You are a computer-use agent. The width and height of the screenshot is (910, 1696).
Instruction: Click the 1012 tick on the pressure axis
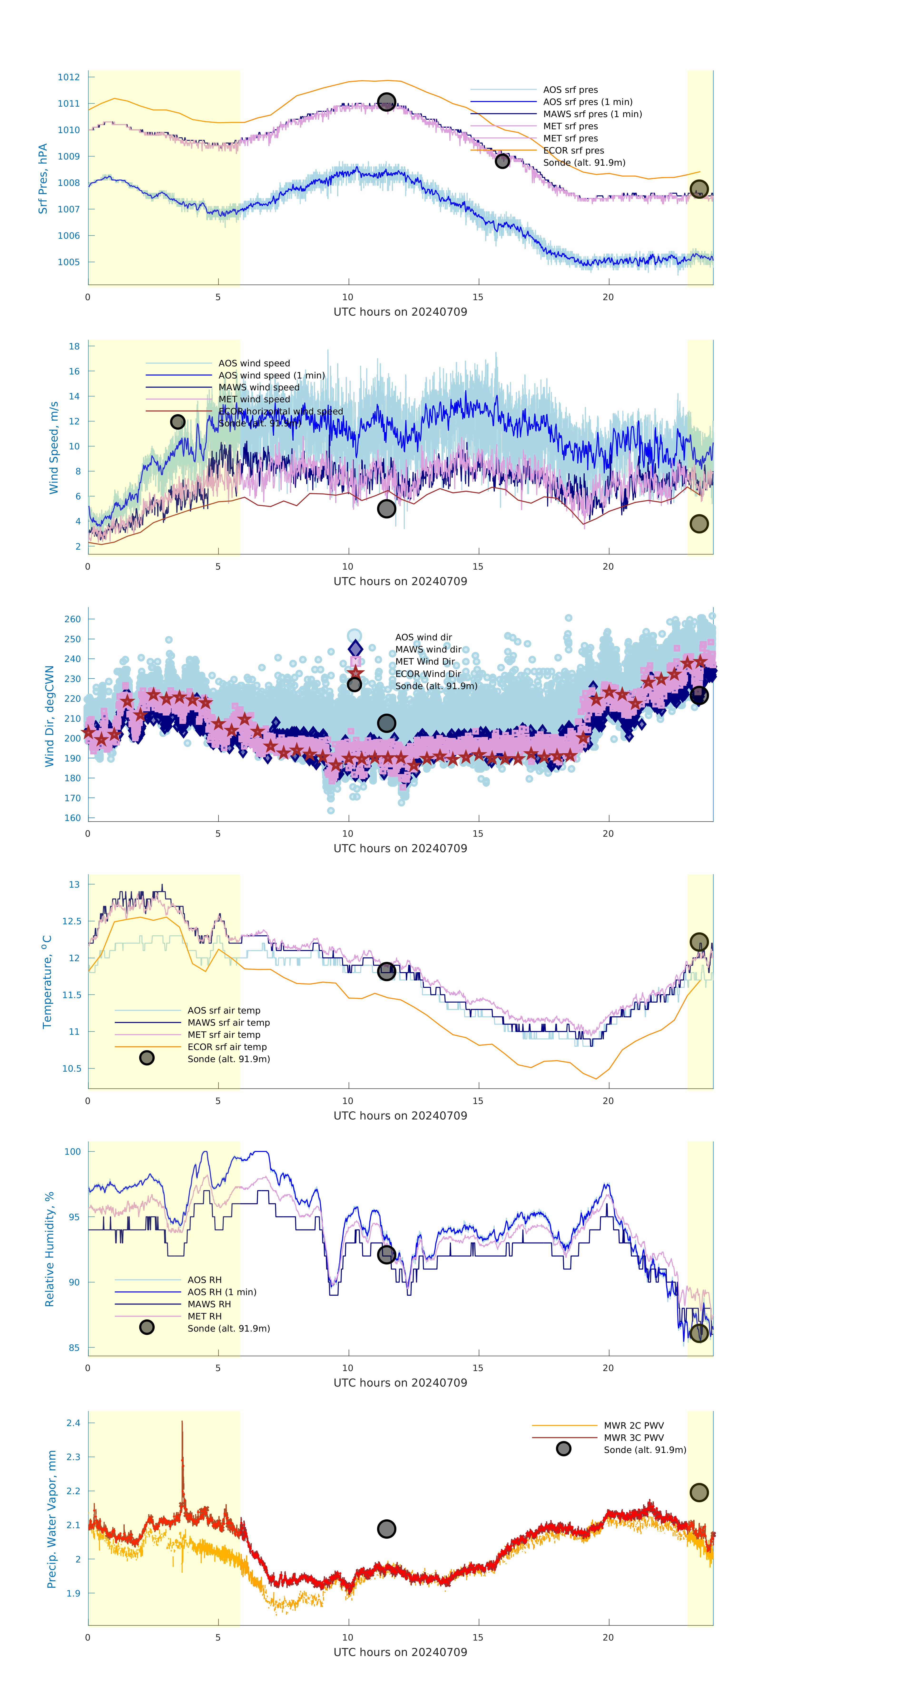69,77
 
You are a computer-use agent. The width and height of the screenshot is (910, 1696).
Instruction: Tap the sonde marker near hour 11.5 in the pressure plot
386,101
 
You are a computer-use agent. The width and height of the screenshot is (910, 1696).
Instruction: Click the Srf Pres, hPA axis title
43,179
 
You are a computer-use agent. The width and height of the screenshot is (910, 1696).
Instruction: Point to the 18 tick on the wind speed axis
74,346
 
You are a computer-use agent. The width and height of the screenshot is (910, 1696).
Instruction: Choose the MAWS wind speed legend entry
259,387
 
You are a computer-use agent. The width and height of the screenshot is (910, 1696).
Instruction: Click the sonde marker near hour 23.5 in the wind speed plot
699,524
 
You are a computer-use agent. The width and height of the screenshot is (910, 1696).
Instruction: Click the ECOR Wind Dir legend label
428,674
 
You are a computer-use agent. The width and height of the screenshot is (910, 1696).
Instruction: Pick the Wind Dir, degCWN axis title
49,716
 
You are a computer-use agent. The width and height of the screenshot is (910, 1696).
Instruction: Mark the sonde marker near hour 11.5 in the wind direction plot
386,723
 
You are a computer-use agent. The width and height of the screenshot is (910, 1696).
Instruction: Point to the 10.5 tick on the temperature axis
72,1069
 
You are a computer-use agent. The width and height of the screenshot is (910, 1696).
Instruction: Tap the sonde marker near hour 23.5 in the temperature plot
699,942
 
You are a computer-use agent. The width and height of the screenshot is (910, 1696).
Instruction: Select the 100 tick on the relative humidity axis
72,1152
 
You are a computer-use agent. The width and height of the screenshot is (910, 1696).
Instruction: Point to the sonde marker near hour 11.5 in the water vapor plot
386,1529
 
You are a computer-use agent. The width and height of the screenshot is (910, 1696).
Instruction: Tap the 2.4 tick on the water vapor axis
73,1423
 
